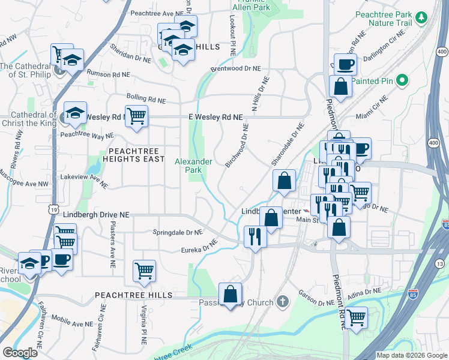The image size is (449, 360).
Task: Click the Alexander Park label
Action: coord(193,166)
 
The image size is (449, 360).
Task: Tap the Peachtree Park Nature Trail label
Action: coord(392,18)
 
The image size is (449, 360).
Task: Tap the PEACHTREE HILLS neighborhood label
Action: coord(133,295)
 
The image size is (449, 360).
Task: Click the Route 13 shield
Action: coord(440,264)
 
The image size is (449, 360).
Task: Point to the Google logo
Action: coord(20,352)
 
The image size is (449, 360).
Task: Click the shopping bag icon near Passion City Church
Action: coord(230,294)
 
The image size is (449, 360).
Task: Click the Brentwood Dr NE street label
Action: coord(236,69)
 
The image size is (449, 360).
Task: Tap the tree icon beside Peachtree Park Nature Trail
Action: coord(421,17)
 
